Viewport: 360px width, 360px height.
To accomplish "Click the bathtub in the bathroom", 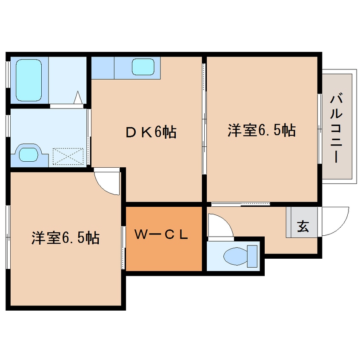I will (29, 80).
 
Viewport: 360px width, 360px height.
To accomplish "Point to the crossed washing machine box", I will (68, 156).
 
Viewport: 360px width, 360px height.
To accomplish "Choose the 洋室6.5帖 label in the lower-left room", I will (65, 238).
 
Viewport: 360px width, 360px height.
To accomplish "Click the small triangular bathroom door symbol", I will (78, 98).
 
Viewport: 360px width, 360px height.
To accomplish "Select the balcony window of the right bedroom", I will (319, 128).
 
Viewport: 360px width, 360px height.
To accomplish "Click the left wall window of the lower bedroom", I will (8, 237).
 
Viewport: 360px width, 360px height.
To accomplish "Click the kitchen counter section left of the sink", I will (103, 67).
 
